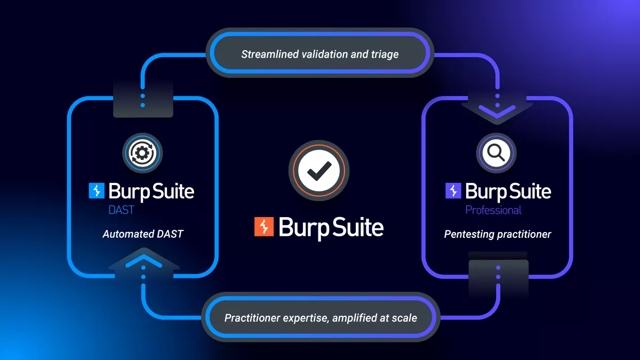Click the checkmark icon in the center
(x=319, y=170)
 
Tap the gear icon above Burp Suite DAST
(x=142, y=153)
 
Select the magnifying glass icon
(x=497, y=153)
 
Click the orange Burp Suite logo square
(x=264, y=227)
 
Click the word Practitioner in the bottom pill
(x=250, y=318)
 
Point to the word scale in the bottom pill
(x=404, y=318)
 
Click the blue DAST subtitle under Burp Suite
(x=121, y=210)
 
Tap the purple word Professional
(x=493, y=210)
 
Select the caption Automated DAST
(x=142, y=234)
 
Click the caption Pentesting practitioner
(x=497, y=234)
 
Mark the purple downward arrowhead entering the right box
(x=497, y=110)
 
